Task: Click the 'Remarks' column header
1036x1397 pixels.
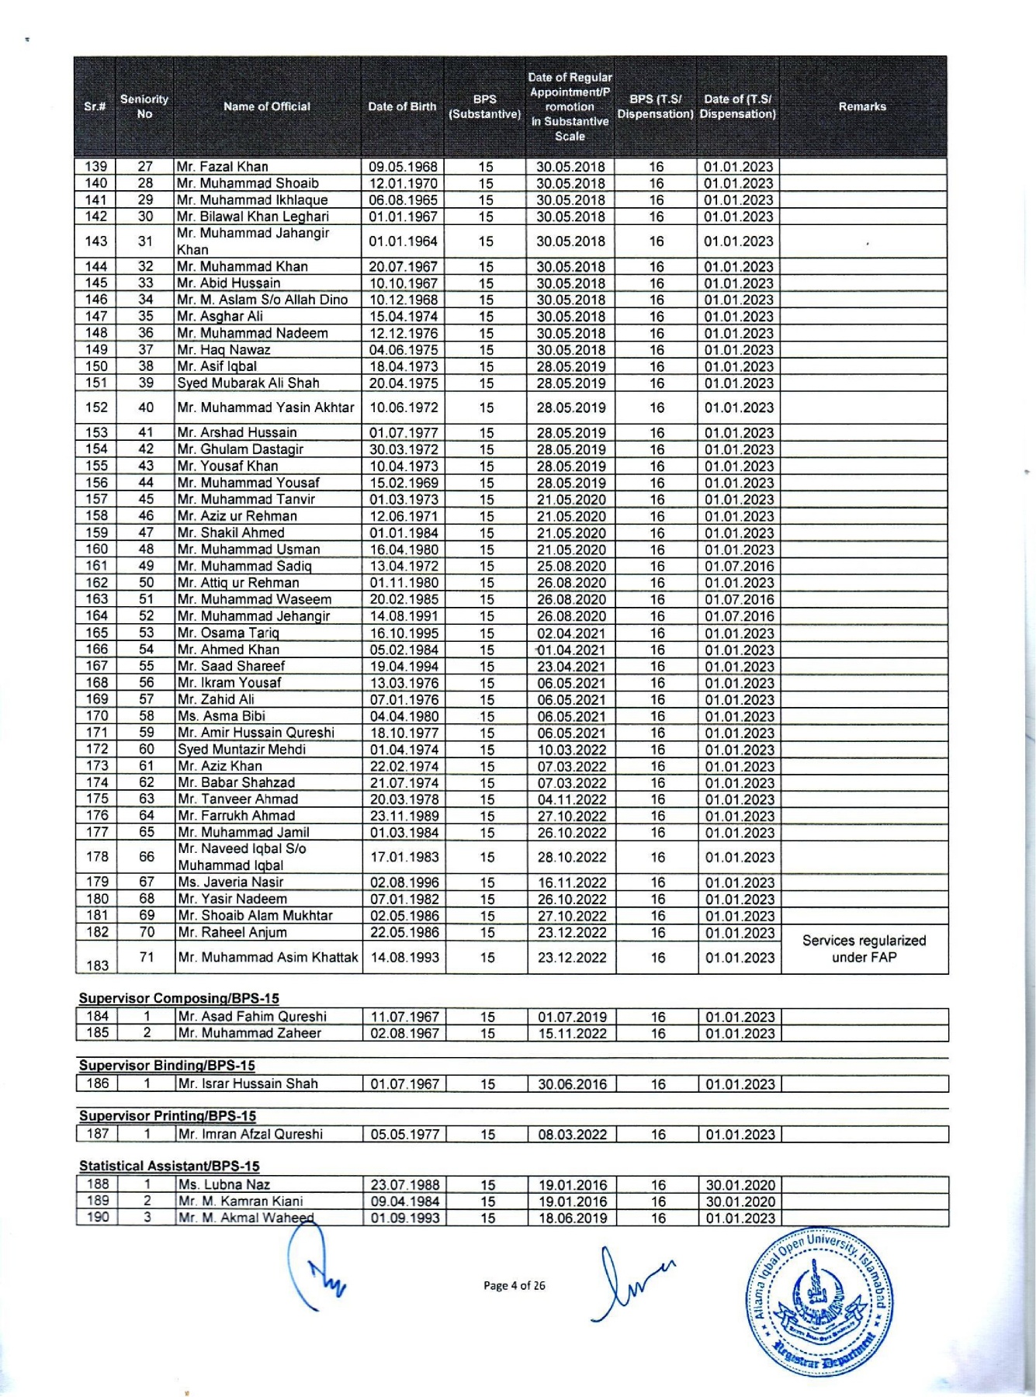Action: tap(862, 107)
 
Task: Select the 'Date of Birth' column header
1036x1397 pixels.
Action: tap(402, 107)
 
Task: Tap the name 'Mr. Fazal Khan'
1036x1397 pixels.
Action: tap(223, 167)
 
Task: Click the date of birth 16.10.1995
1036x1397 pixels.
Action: tap(404, 633)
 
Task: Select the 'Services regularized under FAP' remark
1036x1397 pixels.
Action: tap(864, 948)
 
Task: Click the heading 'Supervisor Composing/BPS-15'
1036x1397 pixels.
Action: tap(179, 998)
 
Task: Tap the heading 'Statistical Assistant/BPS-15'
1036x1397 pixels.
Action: tap(169, 1166)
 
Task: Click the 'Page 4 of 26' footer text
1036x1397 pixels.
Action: tap(514, 1286)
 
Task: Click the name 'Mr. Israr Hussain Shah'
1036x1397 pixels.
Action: tap(248, 1083)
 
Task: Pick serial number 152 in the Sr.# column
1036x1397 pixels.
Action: tap(96, 407)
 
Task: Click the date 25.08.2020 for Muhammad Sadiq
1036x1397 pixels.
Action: tap(571, 567)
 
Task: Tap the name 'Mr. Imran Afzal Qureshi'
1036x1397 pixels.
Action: tap(251, 1134)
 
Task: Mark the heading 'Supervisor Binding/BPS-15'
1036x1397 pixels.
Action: tap(167, 1066)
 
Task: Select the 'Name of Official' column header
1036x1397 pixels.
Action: tap(267, 107)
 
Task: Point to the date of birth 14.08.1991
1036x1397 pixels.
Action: tap(404, 616)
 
